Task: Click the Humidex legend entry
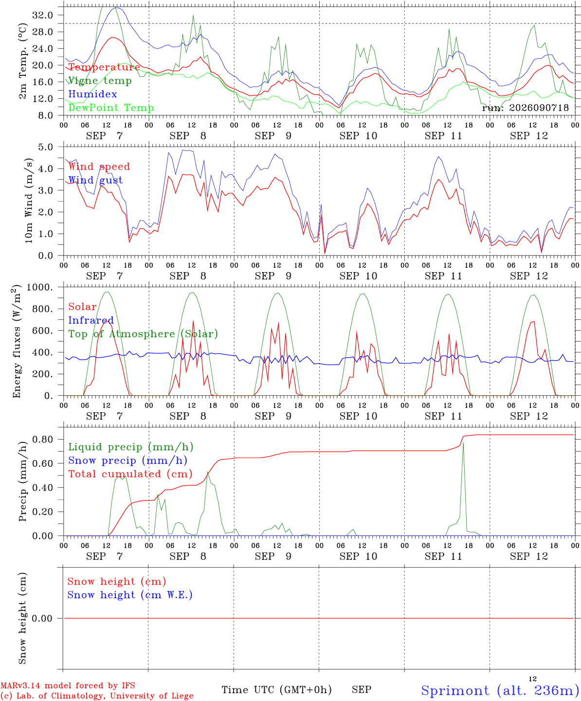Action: (x=92, y=94)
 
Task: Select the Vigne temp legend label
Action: (x=100, y=81)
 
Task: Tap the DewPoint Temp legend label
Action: (x=111, y=108)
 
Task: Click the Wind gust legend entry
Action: (x=95, y=180)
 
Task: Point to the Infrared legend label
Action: (x=91, y=320)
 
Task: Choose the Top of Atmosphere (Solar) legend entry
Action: (x=143, y=334)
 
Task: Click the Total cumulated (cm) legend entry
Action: (x=130, y=474)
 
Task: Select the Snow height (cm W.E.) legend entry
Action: (x=129, y=595)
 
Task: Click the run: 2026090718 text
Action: (x=525, y=108)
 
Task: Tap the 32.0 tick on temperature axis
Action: (x=43, y=15)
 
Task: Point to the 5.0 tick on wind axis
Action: (x=46, y=147)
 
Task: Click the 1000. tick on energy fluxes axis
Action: (x=40, y=287)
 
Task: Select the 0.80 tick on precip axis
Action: (x=43, y=440)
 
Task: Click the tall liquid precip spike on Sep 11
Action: (x=463, y=443)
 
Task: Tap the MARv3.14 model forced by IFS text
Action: (x=68, y=685)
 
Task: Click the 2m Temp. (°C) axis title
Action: (x=22, y=61)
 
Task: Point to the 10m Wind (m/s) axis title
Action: (x=29, y=201)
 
